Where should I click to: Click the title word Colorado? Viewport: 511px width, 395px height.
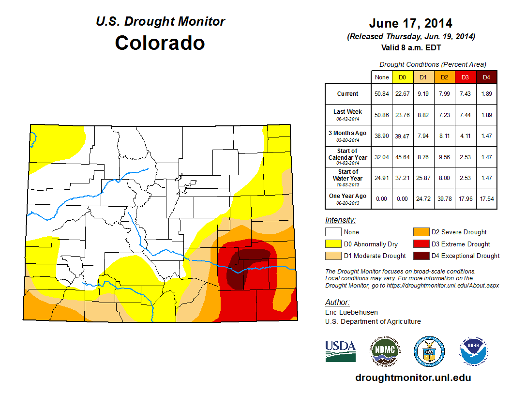pyautogui.click(x=160, y=43)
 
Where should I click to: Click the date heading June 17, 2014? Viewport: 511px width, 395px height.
pyautogui.click(x=410, y=23)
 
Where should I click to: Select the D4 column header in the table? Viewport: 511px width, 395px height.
pyautogui.click(x=486, y=77)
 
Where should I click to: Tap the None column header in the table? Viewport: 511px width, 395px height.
pyautogui.click(x=381, y=77)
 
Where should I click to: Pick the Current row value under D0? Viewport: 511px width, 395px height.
pyautogui.click(x=402, y=94)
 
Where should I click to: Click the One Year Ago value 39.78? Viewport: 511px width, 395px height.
pyautogui.click(x=444, y=196)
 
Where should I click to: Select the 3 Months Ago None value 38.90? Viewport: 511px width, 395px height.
pyautogui.click(x=381, y=136)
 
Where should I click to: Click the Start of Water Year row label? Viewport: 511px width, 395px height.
pyautogui.click(x=347, y=175)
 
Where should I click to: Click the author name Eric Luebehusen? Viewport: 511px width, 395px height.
pyautogui.click(x=352, y=312)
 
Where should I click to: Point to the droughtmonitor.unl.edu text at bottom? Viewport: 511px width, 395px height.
pyautogui.click(x=413, y=378)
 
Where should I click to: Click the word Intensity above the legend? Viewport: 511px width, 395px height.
pyautogui.click(x=340, y=220)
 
